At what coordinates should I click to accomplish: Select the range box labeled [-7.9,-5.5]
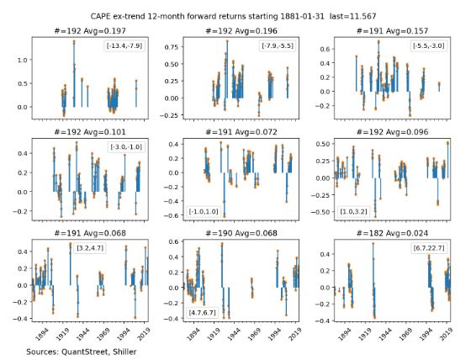278,45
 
